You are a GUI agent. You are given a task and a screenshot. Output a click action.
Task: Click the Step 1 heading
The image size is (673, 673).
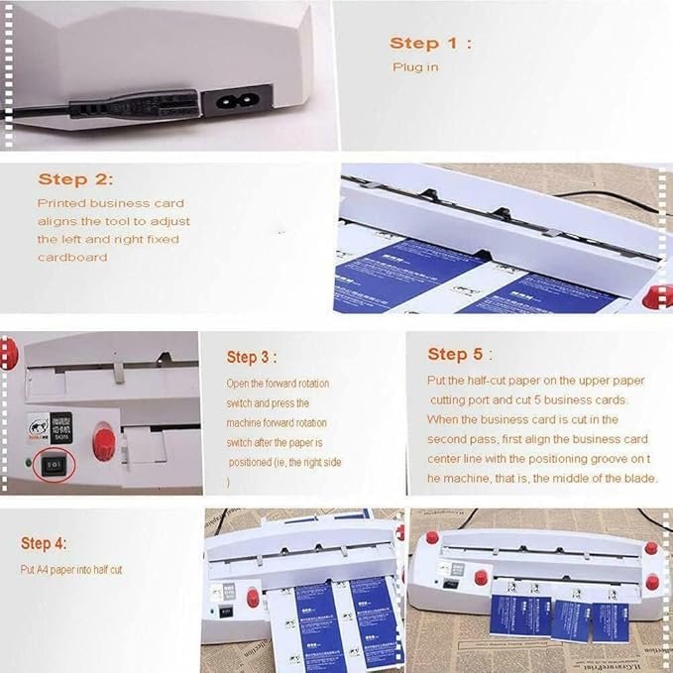coord(430,43)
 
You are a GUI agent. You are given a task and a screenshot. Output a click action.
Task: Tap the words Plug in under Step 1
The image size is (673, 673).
coord(414,67)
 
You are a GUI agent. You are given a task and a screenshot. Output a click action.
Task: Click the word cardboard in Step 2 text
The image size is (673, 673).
coord(71,257)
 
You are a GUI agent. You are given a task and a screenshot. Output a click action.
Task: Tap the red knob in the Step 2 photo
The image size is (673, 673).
coord(658,297)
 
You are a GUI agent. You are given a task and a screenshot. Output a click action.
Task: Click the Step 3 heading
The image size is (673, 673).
coord(252,357)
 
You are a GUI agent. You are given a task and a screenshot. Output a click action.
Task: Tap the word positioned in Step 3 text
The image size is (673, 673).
coord(258,462)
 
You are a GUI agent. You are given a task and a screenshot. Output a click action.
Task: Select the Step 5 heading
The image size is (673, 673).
coord(460,354)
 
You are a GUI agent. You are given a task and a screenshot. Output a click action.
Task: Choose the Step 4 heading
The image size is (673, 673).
coord(46,543)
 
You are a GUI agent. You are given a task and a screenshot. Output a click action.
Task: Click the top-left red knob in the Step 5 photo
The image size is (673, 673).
coord(432,537)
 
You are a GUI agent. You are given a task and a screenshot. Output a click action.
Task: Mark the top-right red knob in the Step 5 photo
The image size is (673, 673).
coord(651,547)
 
